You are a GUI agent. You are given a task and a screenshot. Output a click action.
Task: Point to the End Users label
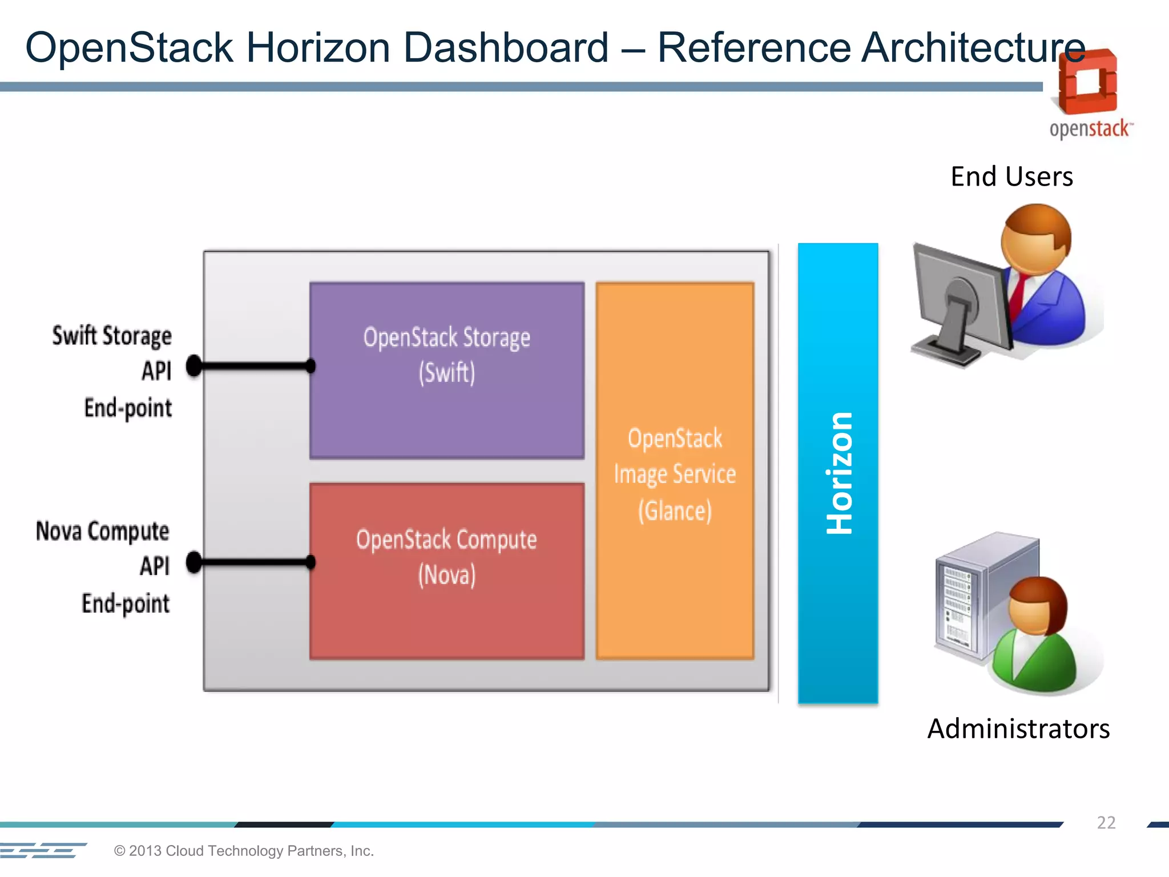(1011, 176)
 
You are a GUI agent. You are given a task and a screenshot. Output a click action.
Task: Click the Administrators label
(1018, 729)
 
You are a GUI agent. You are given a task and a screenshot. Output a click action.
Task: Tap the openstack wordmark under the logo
(1089, 129)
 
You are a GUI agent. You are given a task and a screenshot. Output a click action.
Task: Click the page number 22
(1106, 822)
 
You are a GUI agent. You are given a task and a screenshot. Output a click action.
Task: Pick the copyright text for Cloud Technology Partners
(244, 851)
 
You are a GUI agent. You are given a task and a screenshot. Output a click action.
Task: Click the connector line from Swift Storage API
(254, 366)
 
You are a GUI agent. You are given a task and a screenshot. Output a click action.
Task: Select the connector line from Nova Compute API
(254, 562)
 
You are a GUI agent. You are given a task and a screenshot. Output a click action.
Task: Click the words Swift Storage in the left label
(112, 336)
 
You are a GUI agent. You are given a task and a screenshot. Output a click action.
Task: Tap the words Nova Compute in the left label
(103, 531)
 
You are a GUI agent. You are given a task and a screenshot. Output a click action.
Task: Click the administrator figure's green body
(1033, 662)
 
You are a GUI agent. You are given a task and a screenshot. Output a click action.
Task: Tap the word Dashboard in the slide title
(506, 47)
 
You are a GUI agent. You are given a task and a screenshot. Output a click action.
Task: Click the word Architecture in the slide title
(973, 47)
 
